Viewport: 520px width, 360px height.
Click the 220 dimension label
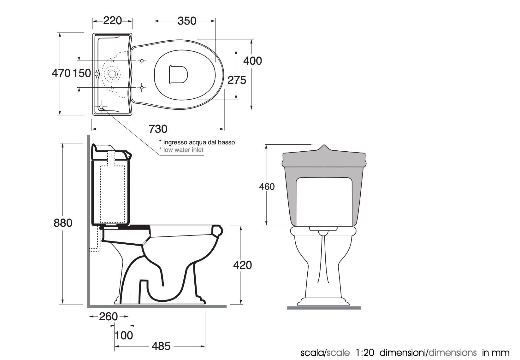pyautogui.click(x=112, y=21)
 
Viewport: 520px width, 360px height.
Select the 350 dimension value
pyautogui.click(x=187, y=21)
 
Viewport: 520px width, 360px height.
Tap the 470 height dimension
pyautogui.click(x=61, y=73)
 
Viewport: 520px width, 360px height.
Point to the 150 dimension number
pyautogui.click(x=82, y=73)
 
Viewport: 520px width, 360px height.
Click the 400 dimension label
pyautogui.click(x=252, y=61)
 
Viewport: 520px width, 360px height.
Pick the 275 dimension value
pyautogui.click(x=237, y=80)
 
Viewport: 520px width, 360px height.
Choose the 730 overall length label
pyautogui.click(x=158, y=129)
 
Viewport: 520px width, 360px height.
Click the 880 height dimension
pyautogui.click(x=63, y=223)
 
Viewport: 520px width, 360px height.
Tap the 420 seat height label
pyautogui.click(x=242, y=265)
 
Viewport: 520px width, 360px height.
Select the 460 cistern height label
pyautogui.click(x=267, y=187)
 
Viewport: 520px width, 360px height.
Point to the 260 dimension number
pyautogui.click(x=109, y=316)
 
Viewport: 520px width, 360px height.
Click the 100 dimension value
pyautogui.click(x=124, y=335)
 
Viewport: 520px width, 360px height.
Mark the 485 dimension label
pyautogui.click(x=161, y=346)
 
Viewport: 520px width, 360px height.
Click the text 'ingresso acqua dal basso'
pyautogui.click(x=199, y=142)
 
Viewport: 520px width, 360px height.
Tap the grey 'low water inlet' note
pyautogui.click(x=183, y=150)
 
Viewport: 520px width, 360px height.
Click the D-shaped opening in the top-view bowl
pyautogui.click(x=178, y=74)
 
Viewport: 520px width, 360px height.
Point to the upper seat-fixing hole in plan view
pyautogui.click(x=142, y=61)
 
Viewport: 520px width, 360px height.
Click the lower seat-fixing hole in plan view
pyautogui.click(x=142, y=87)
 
